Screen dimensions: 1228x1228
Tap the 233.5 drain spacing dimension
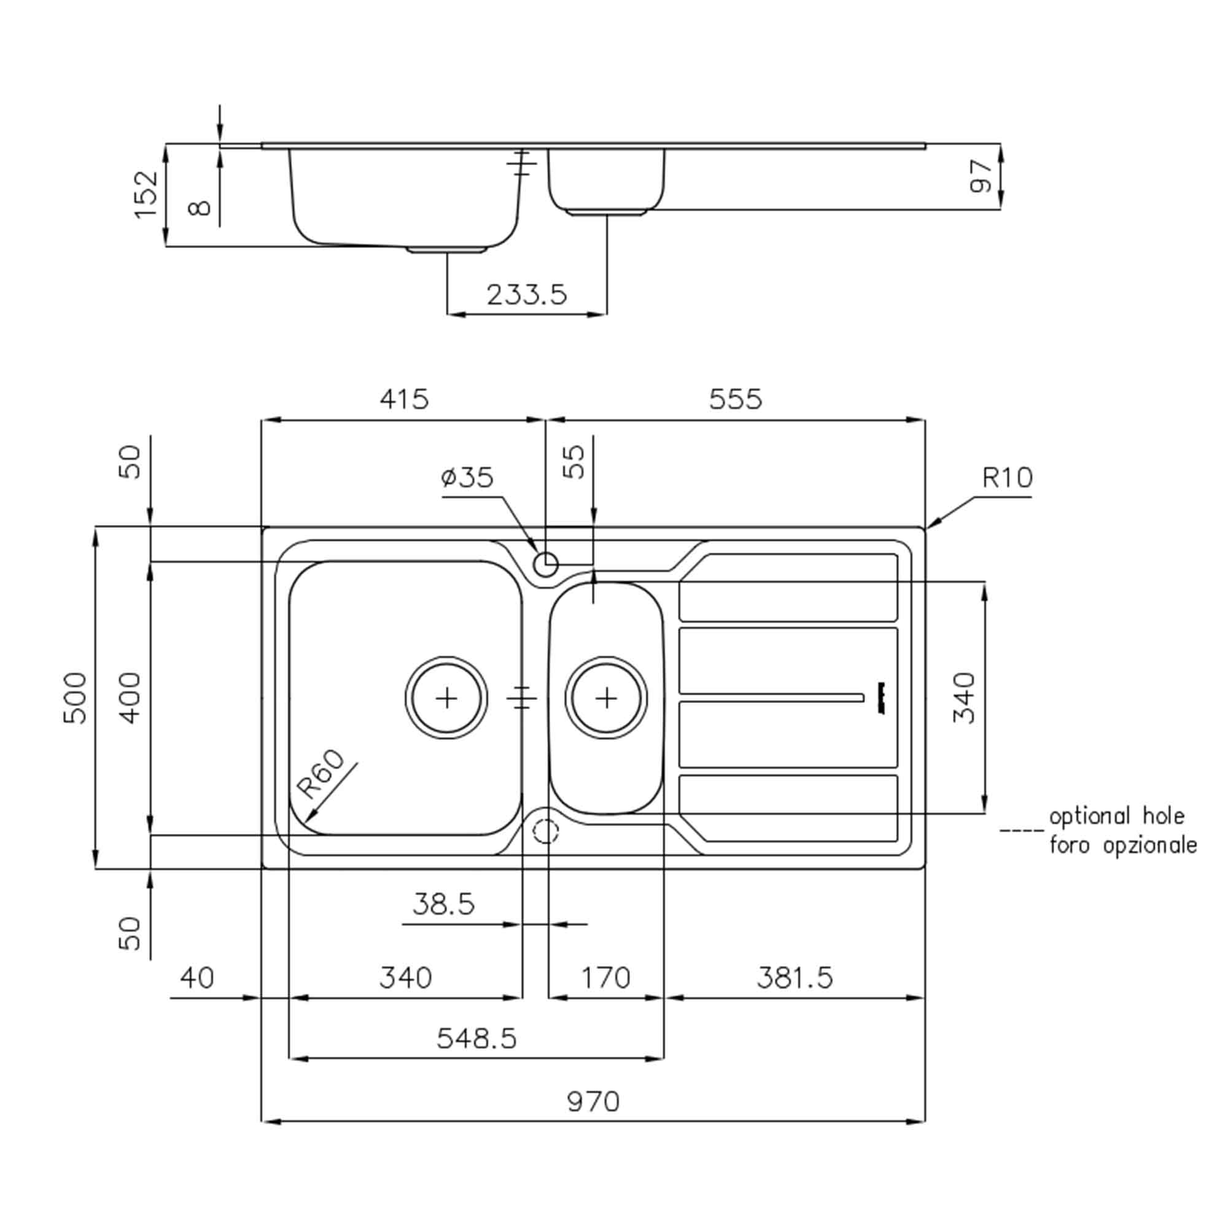pyautogui.click(x=526, y=295)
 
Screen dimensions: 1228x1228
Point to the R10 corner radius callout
pyautogui.click(x=1008, y=477)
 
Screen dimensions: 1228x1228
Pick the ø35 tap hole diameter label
pyautogui.click(x=467, y=477)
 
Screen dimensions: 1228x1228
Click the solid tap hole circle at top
pyautogui.click(x=545, y=564)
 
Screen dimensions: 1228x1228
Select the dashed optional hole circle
pyautogui.click(x=545, y=831)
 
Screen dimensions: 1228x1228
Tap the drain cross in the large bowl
pyautogui.click(x=447, y=699)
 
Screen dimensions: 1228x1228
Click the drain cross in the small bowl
pyautogui.click(x=607, y=699)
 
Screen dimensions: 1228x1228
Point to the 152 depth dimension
pyautogui.click(x=146, y=194)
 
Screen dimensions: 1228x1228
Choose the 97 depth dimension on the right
pyautogui.click(x=981, y=176)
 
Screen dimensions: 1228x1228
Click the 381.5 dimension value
pyautogui.click(x=795, y=977)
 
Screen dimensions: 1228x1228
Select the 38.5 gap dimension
pyautogui.click(x=443, y=904)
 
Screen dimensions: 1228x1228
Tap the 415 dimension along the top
pyautogui.click(x=404, y=399)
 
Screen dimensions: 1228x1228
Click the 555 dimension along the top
pyautogui.click(x=735, y=399)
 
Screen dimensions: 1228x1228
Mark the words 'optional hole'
pyautogui.click(x=1117, y=816)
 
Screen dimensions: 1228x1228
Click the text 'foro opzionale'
pyautogui.click(x=1123, y=845)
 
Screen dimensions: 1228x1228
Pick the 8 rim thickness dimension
pyautogui.click(x=200, y=208)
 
